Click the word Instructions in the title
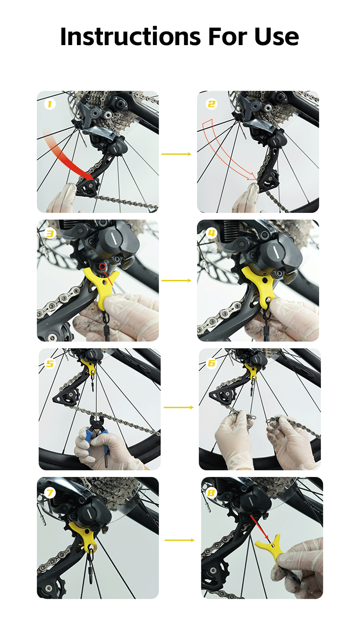(x=130, y=36)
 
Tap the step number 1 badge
(x=50, y=104)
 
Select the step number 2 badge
(x=211, y=104)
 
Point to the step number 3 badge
(x=50, y=233)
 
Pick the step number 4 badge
(x=211, y=233)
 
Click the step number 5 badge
(x=50, y=364)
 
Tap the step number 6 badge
(x=211, y=363)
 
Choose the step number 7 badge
(x=50, y=493)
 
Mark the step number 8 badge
(x=211, y=493)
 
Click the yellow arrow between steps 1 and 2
(x=176, y=154)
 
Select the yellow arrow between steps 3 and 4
(x=176, y=281)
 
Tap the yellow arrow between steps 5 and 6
(x=179, y=407)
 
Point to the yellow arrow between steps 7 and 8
(x=180, y=540)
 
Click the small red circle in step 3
(x=103, y=267)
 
